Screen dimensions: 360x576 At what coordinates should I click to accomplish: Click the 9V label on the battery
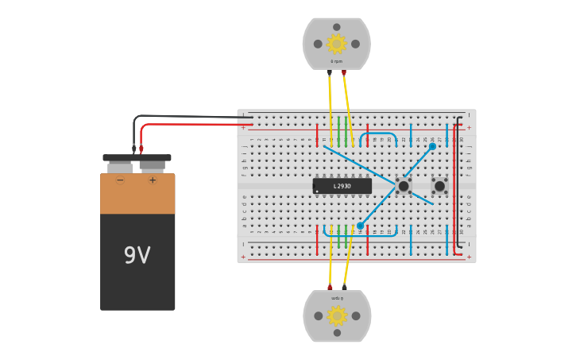tap(137, 255)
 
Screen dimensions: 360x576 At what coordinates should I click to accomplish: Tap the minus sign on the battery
tap(120, 180)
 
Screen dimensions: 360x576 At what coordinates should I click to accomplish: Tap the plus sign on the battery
tap(153, 180)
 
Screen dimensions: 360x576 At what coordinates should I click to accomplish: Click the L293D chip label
tap(342, 186)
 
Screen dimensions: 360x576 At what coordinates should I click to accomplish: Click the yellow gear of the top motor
tap(336, 44)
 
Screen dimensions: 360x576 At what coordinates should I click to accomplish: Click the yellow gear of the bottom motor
tap(337, 316)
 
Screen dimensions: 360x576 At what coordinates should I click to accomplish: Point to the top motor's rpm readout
tap(337, 61)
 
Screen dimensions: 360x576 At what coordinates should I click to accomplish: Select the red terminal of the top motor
tap(343, 72)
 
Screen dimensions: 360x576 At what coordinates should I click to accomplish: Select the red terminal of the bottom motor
tap(330, 287)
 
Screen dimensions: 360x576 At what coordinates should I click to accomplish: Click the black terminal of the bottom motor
tap(344, 287)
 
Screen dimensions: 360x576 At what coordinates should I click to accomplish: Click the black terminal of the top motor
tap(330, 72)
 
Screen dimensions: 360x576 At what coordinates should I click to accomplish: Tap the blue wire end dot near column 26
tap(432, 146)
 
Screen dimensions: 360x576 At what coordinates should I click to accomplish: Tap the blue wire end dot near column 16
tap(360, 226)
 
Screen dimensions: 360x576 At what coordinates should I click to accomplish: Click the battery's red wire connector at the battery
tap(141, 149)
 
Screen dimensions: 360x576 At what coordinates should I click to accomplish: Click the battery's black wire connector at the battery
tap(133, 149)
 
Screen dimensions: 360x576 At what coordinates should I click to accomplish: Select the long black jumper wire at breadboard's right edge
tap(461, 183)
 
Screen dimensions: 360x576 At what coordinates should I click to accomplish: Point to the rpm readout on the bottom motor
tap(337, 298)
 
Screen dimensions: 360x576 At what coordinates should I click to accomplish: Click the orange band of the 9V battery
tap(137, 194)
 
